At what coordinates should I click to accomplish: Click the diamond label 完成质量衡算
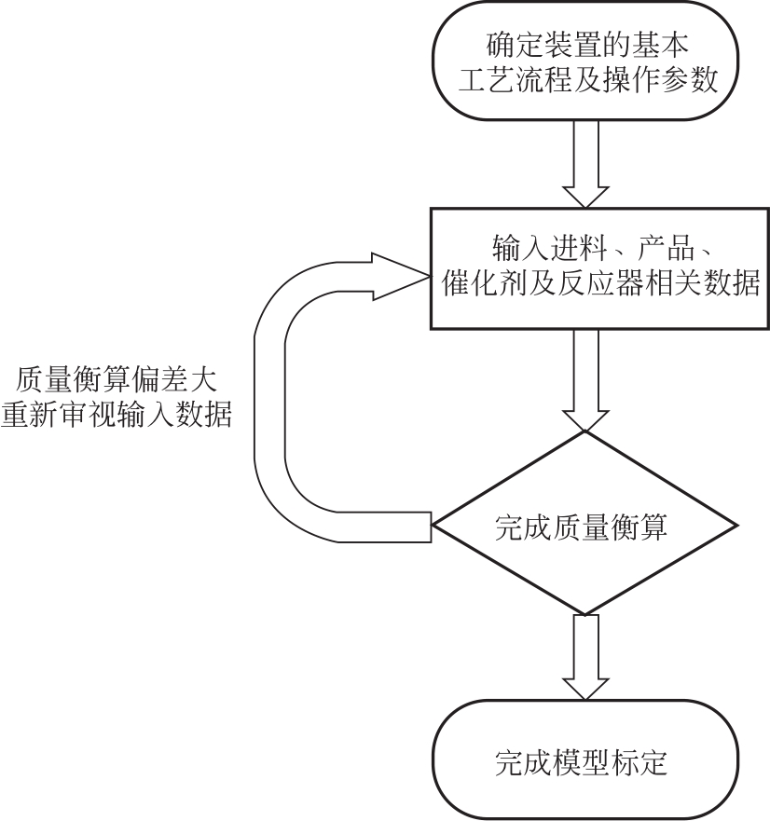pos(584,524)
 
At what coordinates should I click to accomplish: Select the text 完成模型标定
pos(584,763)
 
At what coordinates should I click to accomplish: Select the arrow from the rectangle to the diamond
pos(584,378)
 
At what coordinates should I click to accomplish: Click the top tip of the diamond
pos(584,432)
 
